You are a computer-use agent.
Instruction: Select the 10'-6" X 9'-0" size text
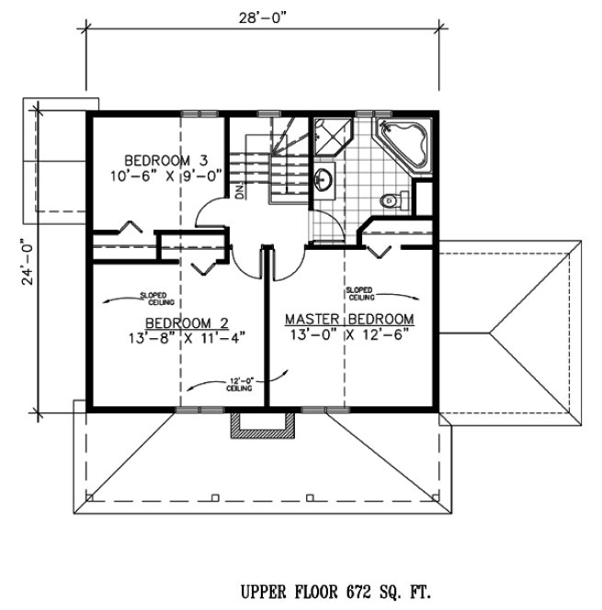click(x=157, y=174)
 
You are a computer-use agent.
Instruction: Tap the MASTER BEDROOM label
click(x=348, y=319)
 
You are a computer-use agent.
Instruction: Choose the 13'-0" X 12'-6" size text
click(x=348, y=334)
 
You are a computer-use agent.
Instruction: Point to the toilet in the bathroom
click(x=391, y=197)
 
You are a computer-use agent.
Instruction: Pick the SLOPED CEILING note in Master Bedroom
click(x=360, y=294)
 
